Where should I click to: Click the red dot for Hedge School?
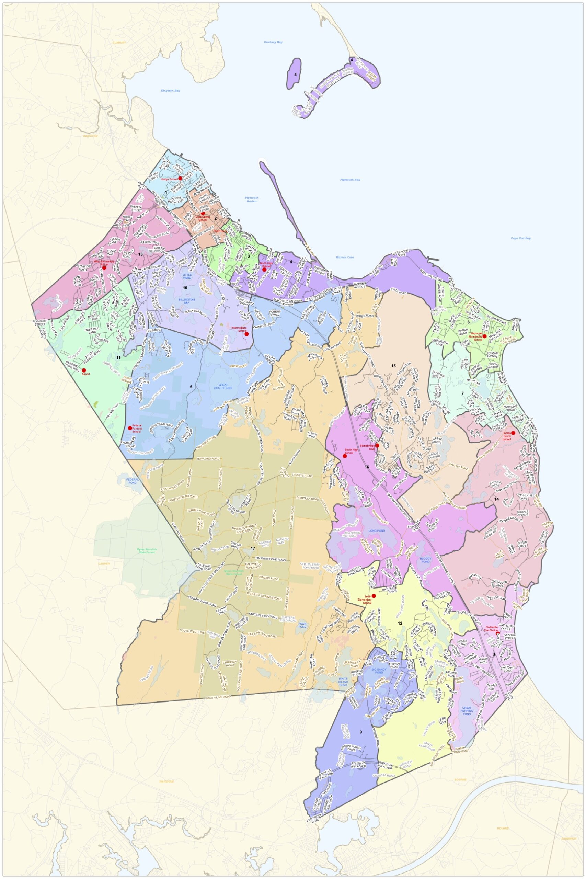pyautogui.click(x=180, y=178)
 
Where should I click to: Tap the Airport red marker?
pyautogui.click(x=84, y=370)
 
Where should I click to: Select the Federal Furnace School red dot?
pyautogui.click(x=130, y=427)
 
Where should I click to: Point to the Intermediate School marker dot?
pyautogui.click(x=246, y=334)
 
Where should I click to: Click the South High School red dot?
pyautogui.click(x=345, y=456)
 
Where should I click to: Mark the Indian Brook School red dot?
pyautogui.click(x=513, y=433)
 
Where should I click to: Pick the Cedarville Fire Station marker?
pyautogui.click(x=497, y=633)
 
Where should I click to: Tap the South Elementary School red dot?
pyautogui.click(x=374, y=596)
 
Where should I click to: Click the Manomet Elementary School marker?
pyautogui.click(x=484, y=336)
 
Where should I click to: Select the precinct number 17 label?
pyautogui.click(x=253, y=548)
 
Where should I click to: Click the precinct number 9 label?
pyautogui.click(x=361, y=732)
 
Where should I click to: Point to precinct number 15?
pyautogui.click(x=393, y=366)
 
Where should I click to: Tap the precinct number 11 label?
pyautogui.click(x=118, y=358)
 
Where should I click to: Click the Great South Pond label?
pyautogui.click(x=223, y=386)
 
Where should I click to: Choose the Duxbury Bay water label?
pyautogui.click(x=273, y=42)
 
